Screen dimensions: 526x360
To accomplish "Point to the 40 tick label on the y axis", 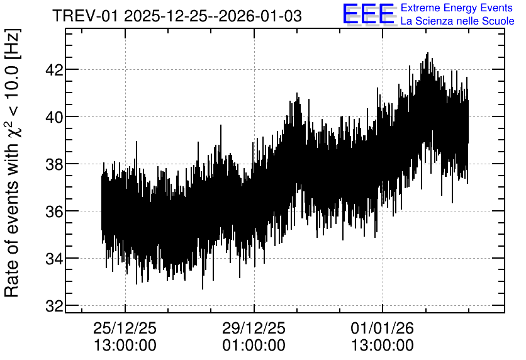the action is tap(53, 118).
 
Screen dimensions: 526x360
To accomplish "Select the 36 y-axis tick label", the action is tap(53, 211).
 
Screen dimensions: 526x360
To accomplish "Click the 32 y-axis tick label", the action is tap(53, 306).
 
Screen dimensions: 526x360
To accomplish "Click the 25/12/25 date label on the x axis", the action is tap(125, 328).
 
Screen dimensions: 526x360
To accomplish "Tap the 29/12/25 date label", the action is tap(254, 328).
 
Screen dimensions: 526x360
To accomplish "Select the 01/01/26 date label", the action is tap(383, 328).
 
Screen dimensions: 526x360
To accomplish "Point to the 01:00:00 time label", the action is tap(254, 346).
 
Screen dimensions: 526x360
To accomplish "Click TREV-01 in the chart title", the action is tap(86, 16).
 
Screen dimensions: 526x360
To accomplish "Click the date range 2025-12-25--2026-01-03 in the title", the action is tap(213, 16).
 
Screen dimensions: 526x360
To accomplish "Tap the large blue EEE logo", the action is tap(368, 14).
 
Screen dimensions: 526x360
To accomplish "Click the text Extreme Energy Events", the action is tap(457, 8).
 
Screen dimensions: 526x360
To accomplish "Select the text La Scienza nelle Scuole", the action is tap(457, 21).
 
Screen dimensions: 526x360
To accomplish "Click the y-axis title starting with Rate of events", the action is tap(12, 163).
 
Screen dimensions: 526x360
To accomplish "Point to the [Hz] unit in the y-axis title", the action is tap(13, 43).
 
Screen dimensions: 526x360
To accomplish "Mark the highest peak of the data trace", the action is tap(427, 53).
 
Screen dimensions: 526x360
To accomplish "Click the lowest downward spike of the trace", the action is tap(202, 289).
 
